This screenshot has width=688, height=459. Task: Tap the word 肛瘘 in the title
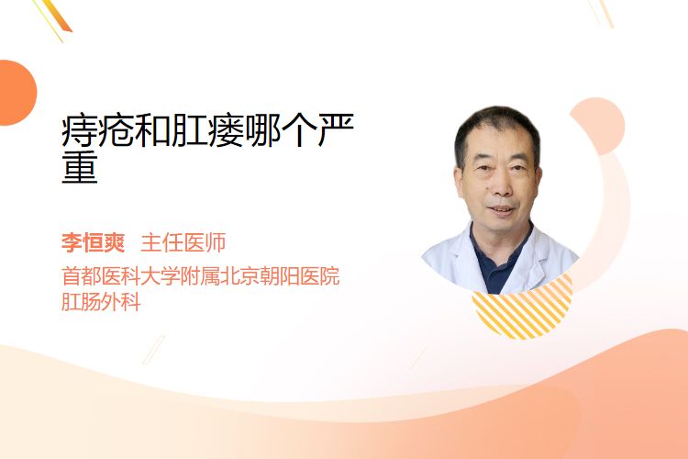[x=207, y=130]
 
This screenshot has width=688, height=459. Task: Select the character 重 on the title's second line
[x=80, y=167]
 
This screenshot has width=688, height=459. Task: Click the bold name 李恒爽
[x=93, y=243]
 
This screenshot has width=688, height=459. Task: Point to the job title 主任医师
[x=183, y=243]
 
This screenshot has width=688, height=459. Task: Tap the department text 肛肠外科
[x=101, y=302]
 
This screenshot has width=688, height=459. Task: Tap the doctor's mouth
[x=502, y=209]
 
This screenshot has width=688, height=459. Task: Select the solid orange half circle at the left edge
[x=17, y=93]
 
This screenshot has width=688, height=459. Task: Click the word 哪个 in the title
[x=281, y=130]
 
